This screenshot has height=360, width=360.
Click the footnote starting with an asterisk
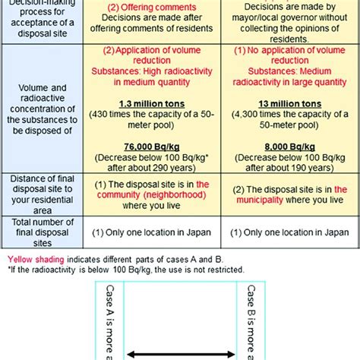click(x=124, y=269)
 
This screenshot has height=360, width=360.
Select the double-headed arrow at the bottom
click(x=179, y=352)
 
